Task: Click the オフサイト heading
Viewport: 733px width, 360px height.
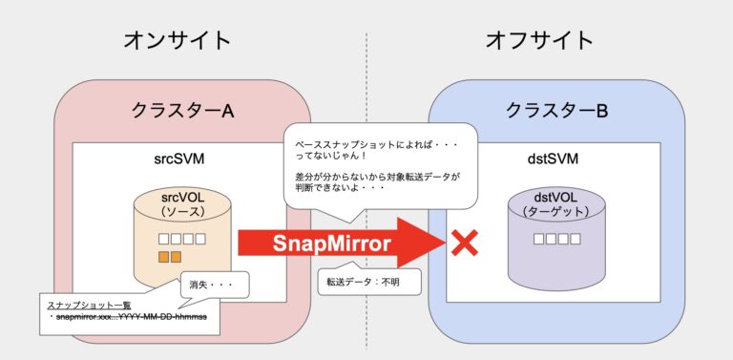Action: click(539, 39)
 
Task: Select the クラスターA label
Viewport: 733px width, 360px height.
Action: click(183, 111)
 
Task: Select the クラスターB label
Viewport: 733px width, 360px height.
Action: click(557, 111)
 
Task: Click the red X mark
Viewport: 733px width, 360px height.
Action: click(464, 244)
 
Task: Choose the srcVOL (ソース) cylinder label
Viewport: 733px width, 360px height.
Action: click(182, 203)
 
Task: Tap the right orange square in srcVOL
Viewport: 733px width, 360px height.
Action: click(177, 257)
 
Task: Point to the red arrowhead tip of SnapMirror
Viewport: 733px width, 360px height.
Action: click(442, 244)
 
